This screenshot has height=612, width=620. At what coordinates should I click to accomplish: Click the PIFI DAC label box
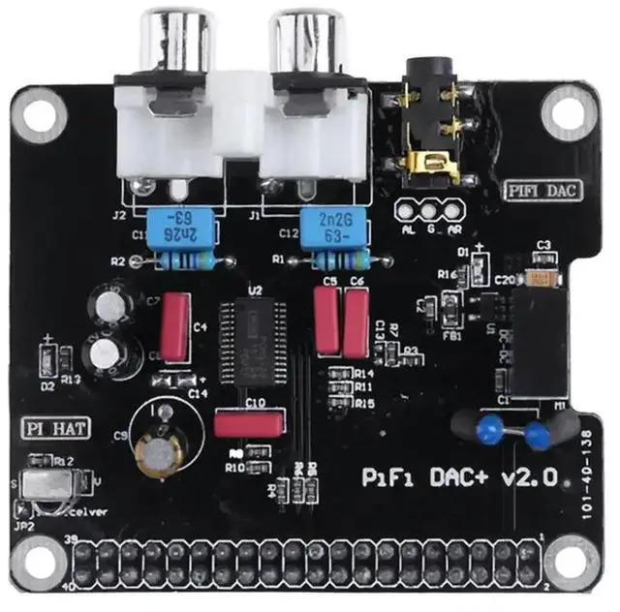pyautogui.click(x=543, y=190)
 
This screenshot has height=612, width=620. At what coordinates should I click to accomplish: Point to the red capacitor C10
pyautogui.click(x=249, y=423)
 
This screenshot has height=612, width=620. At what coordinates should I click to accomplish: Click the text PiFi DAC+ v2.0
pyautogui.click(x=459, y=476)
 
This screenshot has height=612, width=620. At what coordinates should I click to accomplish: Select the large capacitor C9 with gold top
pyautogui.click(x=159, y=450)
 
